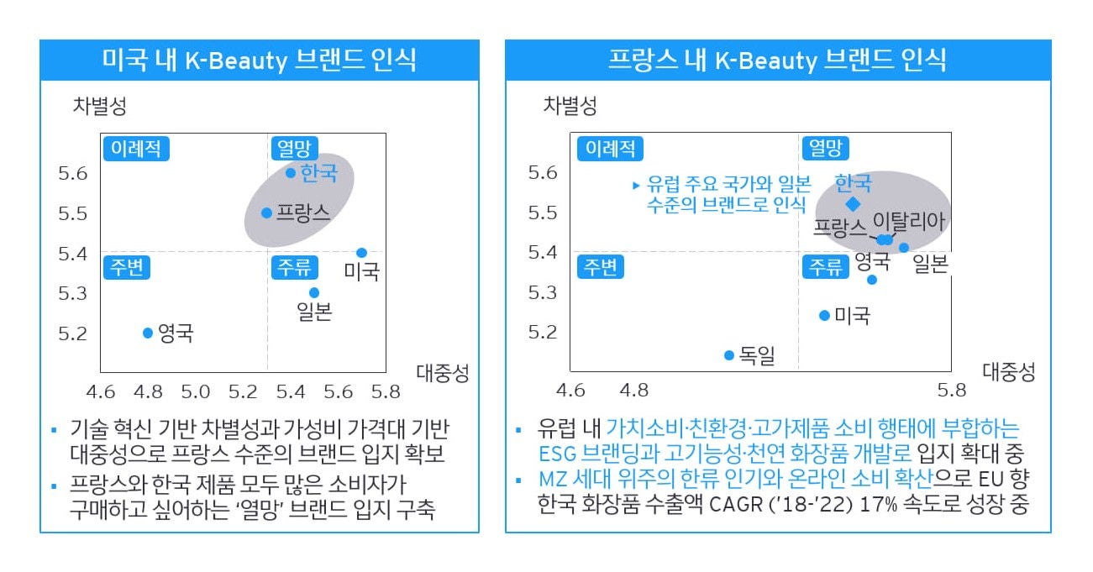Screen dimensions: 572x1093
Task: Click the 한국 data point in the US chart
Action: click(291, 173)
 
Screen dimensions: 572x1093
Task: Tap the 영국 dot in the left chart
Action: click(148, 333)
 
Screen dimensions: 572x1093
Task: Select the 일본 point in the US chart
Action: click(314, 292)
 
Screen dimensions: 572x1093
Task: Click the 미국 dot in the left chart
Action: click(361, 253)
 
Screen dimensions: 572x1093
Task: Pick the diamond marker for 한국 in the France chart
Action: click(853, 204)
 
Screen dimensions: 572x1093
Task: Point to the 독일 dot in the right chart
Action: click(729, 355)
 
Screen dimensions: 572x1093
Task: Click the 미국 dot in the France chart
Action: click(824, 315)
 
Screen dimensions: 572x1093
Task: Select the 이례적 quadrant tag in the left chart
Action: click(134, 149)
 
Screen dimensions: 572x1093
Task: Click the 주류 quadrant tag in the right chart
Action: click(826, 267)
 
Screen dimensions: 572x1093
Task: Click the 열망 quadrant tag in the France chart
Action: click(826, 149)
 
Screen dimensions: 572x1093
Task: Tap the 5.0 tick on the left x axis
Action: click(195, 391)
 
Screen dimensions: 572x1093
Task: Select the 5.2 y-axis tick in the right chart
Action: click(541, 332)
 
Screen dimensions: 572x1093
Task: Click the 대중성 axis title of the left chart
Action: click(442, 372)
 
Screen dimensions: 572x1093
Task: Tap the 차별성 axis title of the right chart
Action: click(570, 106)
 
